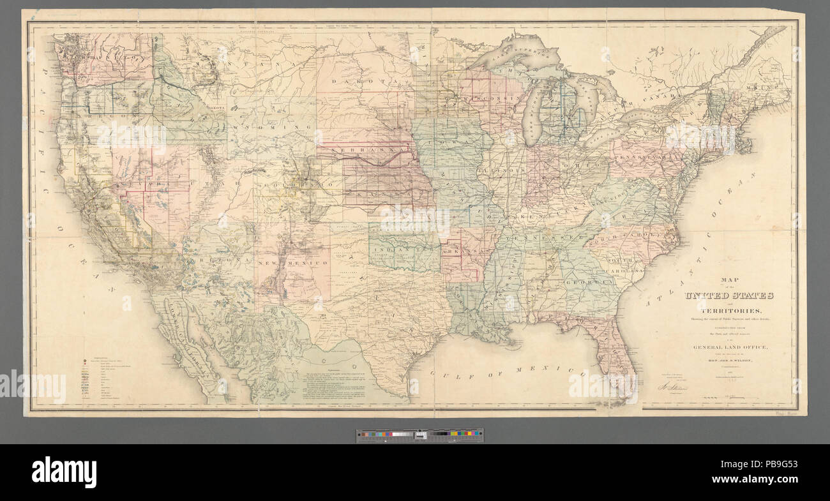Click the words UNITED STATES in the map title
click(x=728, y=295)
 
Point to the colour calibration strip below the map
click(x=419, y=435)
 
